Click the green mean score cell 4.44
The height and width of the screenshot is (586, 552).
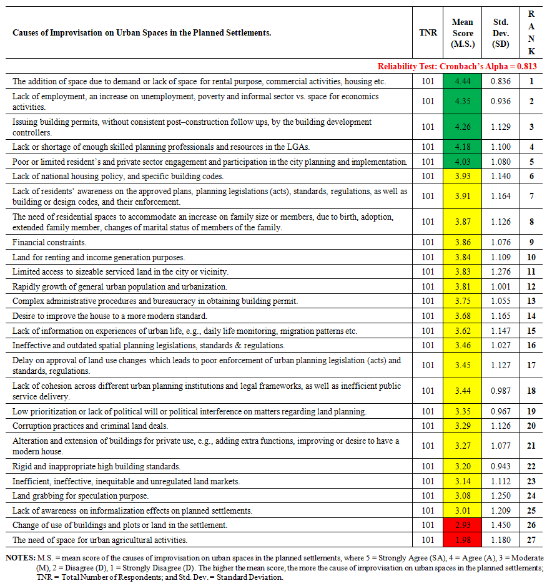[x=463, y=81]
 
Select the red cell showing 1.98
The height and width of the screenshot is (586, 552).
[x=463, y=540]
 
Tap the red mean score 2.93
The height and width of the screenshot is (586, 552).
[x=463, y=525]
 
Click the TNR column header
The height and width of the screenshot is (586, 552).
[x=428, y=33]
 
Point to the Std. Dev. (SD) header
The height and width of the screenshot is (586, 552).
[x=500, y=33]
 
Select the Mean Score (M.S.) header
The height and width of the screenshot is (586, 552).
[x=463, y=33]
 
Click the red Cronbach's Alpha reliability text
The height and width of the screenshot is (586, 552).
[x=457, y=66]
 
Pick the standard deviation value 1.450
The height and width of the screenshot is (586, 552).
[x=500, y=525]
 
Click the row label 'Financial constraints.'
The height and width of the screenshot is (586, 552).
[x=49, y=242]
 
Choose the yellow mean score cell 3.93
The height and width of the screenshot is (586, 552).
[x=463, y=177]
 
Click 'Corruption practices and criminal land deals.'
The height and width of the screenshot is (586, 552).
[x=91, y=426]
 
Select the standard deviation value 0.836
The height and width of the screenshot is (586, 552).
[x=500, y=81]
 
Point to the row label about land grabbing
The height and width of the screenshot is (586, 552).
[x=81, y=496]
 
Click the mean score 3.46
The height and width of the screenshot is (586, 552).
[x=463, y=345]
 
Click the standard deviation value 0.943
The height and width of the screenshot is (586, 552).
[x=500, y=466]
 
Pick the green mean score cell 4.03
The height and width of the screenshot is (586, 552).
[x=463, y=162]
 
